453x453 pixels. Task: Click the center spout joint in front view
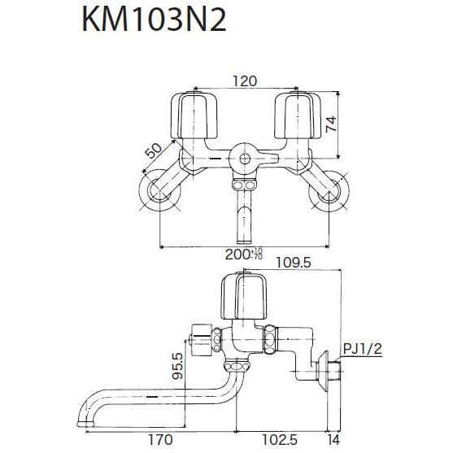pos(242,158)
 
